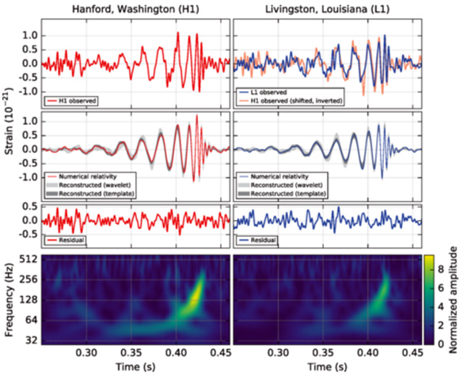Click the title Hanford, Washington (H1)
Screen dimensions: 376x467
135,9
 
